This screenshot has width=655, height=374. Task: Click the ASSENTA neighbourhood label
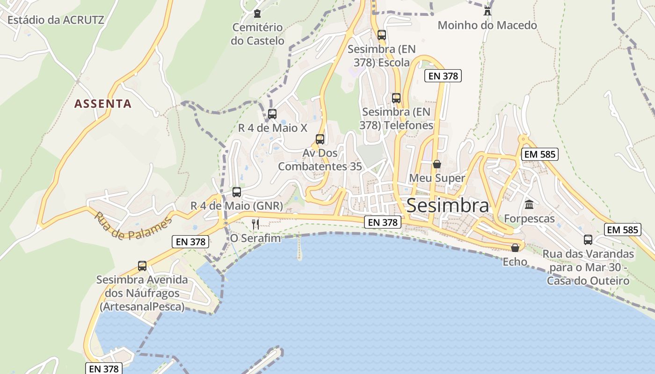click(x=103, y=103)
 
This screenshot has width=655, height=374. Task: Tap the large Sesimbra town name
click(x=448, y=206)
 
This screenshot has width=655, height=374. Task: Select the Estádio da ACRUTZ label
click(x=56, y=20)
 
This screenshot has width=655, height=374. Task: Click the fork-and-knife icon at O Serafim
click(x=255, y=224)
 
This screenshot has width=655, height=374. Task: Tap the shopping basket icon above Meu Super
click(x=437, y=164)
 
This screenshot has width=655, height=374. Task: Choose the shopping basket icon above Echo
click(x=515, y=248)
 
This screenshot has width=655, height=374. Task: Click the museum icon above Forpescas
click(x=529, y=204)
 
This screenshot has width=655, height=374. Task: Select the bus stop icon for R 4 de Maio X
click(x=272, y=114)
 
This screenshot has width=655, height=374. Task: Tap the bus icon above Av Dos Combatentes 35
click(x=320, y=139)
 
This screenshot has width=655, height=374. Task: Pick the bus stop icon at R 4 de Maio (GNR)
click(x=237, y=192)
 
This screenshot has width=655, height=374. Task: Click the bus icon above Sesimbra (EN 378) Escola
click(x=382, y=35)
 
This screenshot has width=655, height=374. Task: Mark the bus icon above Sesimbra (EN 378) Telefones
click(x=396, y=98)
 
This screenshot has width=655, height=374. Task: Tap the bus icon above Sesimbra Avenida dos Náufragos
click(x=142, y=266)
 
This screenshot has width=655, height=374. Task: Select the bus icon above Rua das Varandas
click(x=588, y=239)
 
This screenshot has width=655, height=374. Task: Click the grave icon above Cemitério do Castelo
click(x=257, y=14)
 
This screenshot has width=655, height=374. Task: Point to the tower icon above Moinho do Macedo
click(x=488, y=11)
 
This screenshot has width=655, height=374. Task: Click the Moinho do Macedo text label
click(x=487, y=25)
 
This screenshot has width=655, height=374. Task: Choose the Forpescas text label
click(x=529, y=218)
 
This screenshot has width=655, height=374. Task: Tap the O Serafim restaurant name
click(x=255, y=238)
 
